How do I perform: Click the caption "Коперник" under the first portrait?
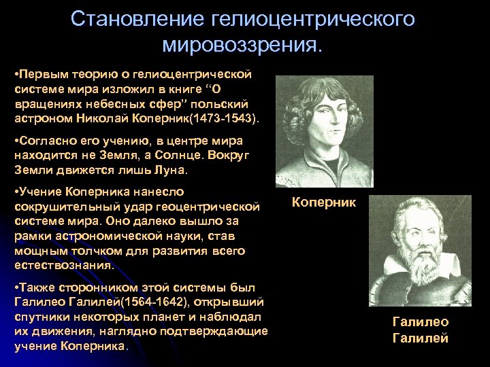click(324, 202)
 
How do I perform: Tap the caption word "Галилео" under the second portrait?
click(421, 322)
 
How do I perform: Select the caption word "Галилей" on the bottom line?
click(421, 338)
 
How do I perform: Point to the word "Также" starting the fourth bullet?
click(35, 287)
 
